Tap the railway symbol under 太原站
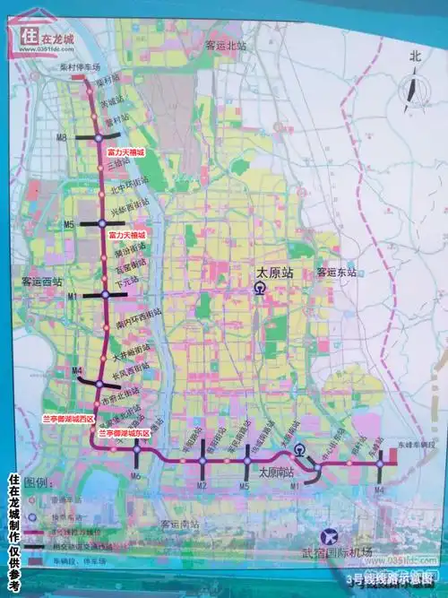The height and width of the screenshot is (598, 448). [258, 289]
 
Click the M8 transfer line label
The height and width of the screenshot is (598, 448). [62, 137]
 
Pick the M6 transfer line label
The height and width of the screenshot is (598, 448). [136, 476]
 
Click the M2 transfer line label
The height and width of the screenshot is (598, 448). [202, 486]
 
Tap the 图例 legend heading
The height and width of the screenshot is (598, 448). [37, 482]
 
